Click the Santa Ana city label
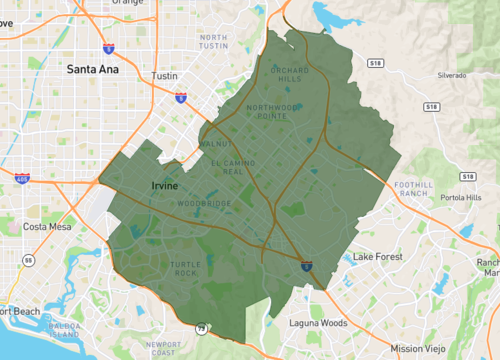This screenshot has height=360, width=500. (x=93, y=70)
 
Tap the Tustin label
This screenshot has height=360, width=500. (x=163, y=76)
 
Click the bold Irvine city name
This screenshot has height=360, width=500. (x=165, y=186)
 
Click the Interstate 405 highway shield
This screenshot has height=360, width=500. (x=23, y=179)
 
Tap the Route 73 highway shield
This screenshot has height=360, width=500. (x=201, y=327)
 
